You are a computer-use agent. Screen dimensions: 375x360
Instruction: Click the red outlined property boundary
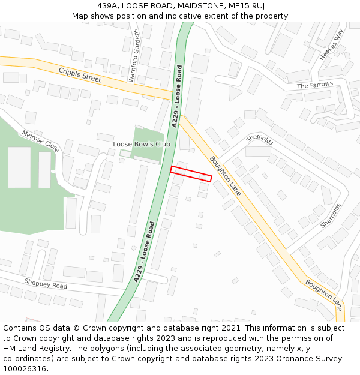point(191,173)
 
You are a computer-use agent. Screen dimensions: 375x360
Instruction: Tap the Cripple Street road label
point(80,75)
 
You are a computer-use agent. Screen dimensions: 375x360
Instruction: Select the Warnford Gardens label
point(134,55)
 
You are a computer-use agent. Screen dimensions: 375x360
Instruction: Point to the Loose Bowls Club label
point(142,144)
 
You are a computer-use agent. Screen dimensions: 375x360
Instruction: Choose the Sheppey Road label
point(46,283)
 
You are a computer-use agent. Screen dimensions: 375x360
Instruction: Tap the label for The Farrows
point(314,86)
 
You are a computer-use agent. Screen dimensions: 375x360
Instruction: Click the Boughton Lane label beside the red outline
point(226,176)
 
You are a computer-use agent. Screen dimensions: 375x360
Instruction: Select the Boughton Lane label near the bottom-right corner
point(323,295)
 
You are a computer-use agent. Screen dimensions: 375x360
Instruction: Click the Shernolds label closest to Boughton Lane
point(260,139)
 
